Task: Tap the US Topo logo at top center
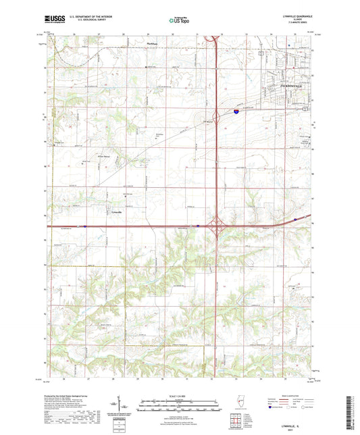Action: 179,21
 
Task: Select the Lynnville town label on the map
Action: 117,211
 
